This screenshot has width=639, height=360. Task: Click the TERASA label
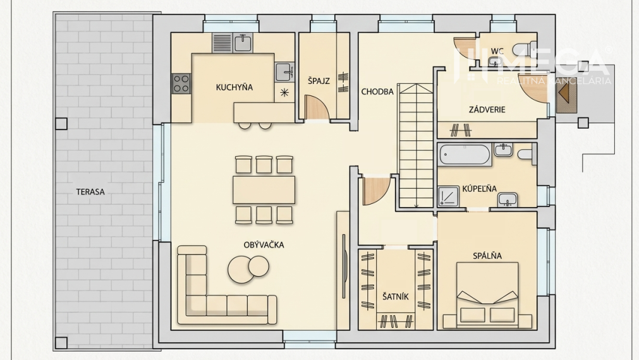pyautogui.click(x=90, y=192)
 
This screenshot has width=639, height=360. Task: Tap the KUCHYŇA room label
pyautogui.click(x=234, y=87)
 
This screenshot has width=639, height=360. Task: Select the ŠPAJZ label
pyautogui.click(x=319, y=81)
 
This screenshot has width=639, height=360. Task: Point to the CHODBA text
pyautogui.click(x=377, y=92)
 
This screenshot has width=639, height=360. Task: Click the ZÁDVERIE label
pyautogui.click(x=487, y=109)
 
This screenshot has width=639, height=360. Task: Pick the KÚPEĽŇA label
pyautogui.click(x=479, y=189)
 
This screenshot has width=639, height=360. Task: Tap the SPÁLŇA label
pyautogui.click(x=487, y=256)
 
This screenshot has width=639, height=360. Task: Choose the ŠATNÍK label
pyautogui.click(x=395, y=296)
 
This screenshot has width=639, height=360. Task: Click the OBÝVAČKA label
pyautogui.click(x=264, y=245)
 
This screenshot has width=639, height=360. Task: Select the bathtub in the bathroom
pyautogui.click(x=465, y=155)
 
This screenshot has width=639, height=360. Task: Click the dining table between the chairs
pyautogui.click(x=264, y=189)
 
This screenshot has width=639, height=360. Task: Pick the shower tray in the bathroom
pyautogui.click(x=448, y=196)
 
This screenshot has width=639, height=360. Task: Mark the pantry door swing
pyautogui.click(x=317, y=107)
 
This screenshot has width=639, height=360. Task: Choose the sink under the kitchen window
pyautogui.click(x=243, y=43)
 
